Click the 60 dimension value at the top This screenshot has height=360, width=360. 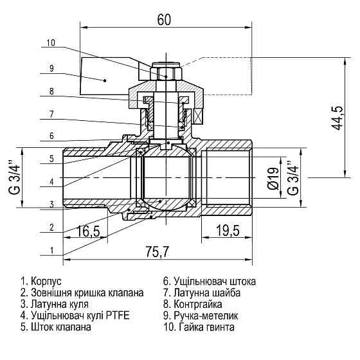click(165, 19)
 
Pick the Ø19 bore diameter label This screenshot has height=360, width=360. click(273, 177)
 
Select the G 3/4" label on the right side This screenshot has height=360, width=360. click(292, 177)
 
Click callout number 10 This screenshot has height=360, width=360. click(51, 44)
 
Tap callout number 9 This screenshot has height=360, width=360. click(51, 67)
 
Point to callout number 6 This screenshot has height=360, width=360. click(51, 136)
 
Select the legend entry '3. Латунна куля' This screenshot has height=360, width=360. click(55, 303)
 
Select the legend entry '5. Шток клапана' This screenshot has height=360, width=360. click(55, 327)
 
